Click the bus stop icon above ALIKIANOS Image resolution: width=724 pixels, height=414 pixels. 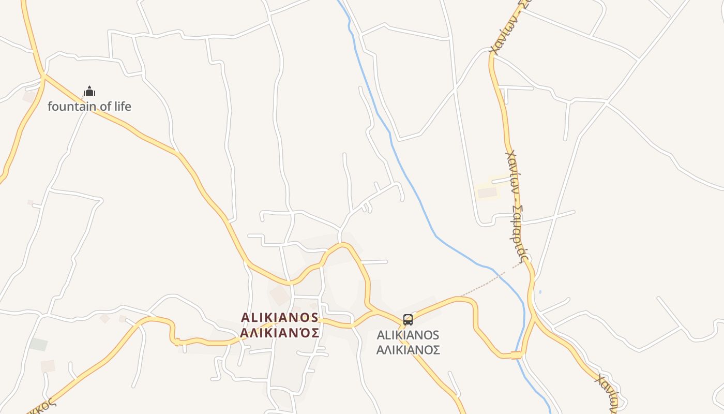408,319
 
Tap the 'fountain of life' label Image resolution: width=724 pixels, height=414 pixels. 89,107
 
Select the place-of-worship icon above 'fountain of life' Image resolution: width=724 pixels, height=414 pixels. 89,92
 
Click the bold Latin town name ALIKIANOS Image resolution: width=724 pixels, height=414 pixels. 280,317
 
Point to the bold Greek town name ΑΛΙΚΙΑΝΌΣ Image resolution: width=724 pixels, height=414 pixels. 280,332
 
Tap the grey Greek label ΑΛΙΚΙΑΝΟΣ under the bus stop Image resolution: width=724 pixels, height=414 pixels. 408,350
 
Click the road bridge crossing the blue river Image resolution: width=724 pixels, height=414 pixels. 517,355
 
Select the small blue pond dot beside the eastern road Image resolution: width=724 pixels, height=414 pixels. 540,292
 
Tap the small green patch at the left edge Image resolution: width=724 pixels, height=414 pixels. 38,344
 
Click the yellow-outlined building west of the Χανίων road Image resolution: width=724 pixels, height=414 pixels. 487,193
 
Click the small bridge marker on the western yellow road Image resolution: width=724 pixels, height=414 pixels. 177,342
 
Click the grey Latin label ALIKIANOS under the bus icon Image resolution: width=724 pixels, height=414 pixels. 408,335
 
